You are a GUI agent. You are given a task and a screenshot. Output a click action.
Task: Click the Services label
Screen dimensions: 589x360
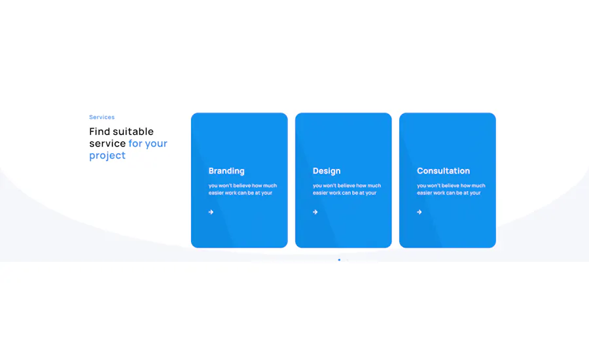pyautogui.click(x=102, y=117)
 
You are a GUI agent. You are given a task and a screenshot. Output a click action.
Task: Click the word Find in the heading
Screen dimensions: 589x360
pyautogui.click(x=99, y=132)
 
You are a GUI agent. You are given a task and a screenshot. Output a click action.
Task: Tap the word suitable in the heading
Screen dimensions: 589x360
pyautogui.click(x=134, y=132)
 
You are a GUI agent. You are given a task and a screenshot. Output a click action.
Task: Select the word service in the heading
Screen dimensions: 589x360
pyautogui.click(x=107, y=143)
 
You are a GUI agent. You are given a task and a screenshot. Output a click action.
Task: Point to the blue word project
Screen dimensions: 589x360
pyautogui.click(x=107, y=156)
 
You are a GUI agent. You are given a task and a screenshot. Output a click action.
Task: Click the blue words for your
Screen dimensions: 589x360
pyautogui.click(x=148, y=143)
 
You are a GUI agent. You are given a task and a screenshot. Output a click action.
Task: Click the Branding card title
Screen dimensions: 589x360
pyautogui.click(x=226, y=171)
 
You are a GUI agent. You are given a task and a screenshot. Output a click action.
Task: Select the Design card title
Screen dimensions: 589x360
pyautogui.click(x=327, y=171)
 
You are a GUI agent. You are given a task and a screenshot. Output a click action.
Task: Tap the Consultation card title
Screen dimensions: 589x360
pyautogui.click(x=443, y=171)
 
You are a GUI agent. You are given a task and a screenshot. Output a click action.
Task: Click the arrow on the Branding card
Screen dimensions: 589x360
pyautogui.click(x=211, y=212)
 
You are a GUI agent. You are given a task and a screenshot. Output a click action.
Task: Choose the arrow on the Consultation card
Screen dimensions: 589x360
pyautogui.click(x=419, y=212)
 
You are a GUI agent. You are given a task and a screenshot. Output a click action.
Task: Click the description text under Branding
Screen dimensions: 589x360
pyautogui.click(x=243, y=189)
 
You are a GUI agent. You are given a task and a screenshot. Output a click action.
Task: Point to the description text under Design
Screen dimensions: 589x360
pyautogui.click(x=347, y=189)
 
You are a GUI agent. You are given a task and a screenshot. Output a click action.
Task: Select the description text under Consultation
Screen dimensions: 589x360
pyautogui.click(x=451, y=189)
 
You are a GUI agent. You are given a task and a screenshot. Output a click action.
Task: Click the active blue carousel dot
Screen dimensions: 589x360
pyautogui.click(x=339, y=260)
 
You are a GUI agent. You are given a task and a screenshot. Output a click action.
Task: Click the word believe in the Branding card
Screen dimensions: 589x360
pyautogui.click(x=245, y=186)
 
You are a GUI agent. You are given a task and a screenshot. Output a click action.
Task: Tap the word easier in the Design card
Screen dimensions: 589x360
pyautogui.click(x=320, y=193)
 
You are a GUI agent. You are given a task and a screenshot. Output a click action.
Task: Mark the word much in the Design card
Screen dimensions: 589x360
pyautogui.click(x=374, y=186)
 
